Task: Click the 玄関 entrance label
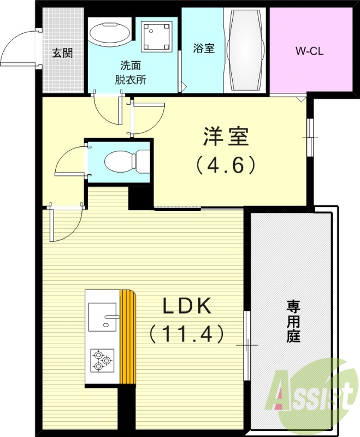point(62,53)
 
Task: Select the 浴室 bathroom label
point(203,48)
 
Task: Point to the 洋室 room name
point(227,137)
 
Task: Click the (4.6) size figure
point(227,164)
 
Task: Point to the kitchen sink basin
point(102,318)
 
